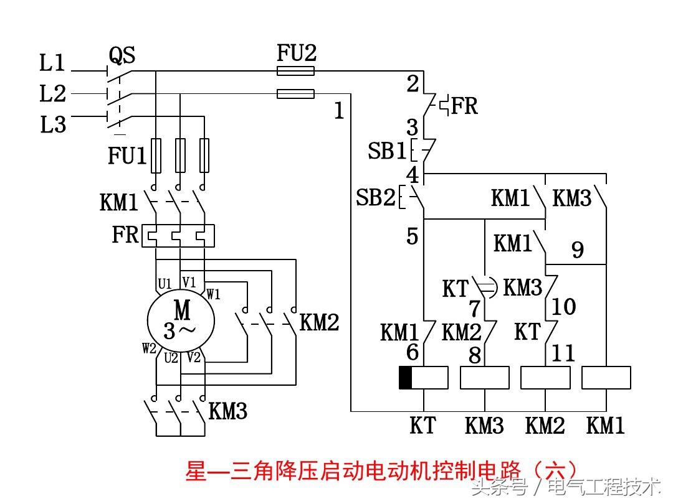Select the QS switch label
point(122,56)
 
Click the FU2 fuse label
point(297,54)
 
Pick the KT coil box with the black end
point(423,378)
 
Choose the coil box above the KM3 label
point(484,378)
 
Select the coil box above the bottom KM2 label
point(545,378)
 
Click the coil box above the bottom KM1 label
point(606,378)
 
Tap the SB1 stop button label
point(386,151)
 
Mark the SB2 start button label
point(376,198)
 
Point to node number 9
point(578,251)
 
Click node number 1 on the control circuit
point(339,112)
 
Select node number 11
point(563,354)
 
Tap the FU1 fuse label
point(126,156)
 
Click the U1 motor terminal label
point(165,284)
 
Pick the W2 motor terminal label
point(149,348)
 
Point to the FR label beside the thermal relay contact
point(464,106)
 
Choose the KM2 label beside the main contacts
point(320,322)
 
